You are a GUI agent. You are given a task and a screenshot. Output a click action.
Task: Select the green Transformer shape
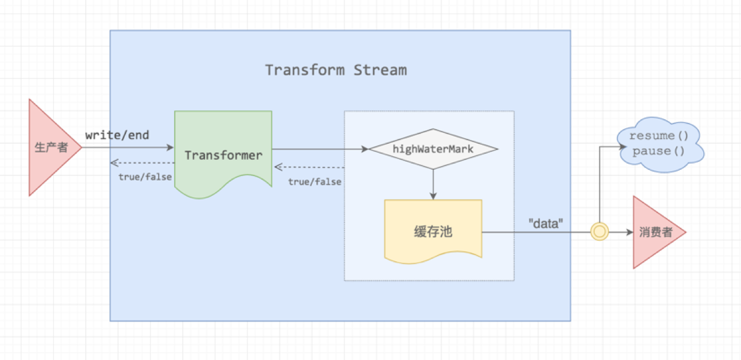(223, 154)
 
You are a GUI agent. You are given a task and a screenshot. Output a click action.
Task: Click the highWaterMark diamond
(433, 149)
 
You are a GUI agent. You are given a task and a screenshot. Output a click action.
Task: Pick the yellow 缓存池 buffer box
(433, 232)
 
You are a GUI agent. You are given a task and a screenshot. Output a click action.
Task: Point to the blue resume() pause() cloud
(660, 144)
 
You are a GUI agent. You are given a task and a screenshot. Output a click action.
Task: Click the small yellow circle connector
(599, 232)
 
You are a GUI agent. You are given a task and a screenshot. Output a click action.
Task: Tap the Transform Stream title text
(336, 70)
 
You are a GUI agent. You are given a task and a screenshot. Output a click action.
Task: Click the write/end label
(117, 135)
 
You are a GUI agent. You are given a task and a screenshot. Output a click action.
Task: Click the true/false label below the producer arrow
(144, 177)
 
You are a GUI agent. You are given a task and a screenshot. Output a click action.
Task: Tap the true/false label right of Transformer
(315, 182)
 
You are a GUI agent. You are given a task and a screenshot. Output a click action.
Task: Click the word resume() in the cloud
(659, 136)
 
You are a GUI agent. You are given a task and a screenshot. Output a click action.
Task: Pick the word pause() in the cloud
(659, 151)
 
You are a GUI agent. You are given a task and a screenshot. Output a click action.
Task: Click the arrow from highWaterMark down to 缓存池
(433, 184)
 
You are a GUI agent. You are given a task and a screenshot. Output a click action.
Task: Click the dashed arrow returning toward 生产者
(142, 163)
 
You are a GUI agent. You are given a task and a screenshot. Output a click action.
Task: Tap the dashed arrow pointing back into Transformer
(309, 167)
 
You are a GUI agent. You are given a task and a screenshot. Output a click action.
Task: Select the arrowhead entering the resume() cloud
(617, 147)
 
